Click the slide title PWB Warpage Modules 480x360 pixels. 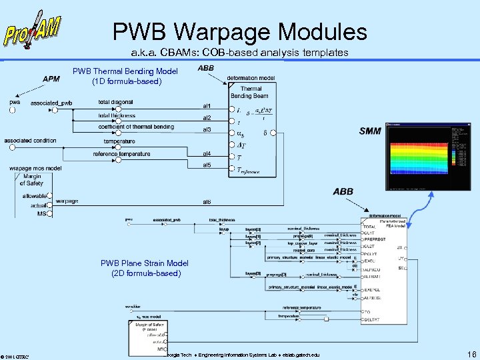click(239, 31)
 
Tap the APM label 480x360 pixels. click(51, 78)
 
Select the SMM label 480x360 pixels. click(370, 131)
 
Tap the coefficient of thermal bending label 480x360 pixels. click(136, 127)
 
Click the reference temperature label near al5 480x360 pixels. click(122, 154)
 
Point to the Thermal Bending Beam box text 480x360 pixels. click(251, 92)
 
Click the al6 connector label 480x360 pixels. click(207, 201)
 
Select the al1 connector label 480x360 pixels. click(207, 106)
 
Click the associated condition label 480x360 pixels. click(31, 141)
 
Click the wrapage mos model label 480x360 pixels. click(35, 169)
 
